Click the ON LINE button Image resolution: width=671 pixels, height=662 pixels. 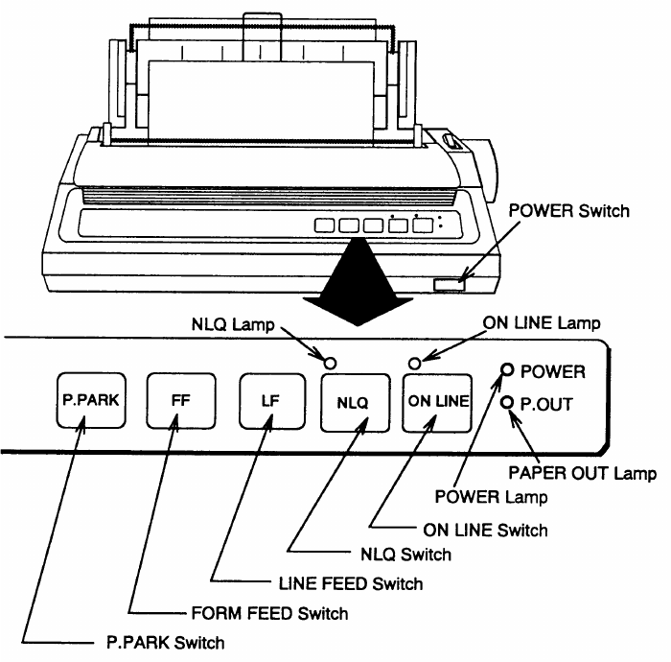point(439,402)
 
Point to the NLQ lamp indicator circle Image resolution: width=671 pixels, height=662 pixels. point(330,363)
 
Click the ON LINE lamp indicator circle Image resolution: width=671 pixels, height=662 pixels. point(415,363)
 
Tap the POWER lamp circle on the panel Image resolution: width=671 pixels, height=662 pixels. point(507,370)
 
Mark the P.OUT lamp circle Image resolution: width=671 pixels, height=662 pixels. point(507,403)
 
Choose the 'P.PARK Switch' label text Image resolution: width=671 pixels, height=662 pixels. point(166,642)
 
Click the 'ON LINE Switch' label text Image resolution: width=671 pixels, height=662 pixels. point(485,529)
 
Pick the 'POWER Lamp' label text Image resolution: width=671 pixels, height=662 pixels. point(491,496)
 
